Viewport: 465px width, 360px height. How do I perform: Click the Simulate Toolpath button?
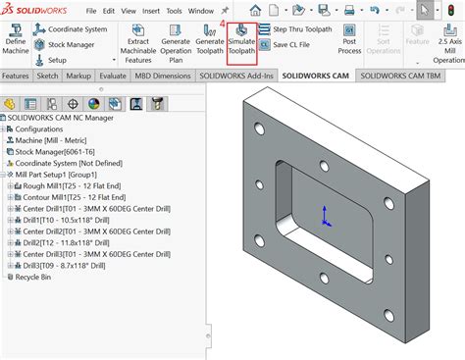point(241,43)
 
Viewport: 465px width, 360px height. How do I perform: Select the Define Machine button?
point(16,43)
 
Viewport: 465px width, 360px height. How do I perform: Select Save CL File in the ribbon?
point(296,45)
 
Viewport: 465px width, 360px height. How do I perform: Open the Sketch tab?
point(48,75)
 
